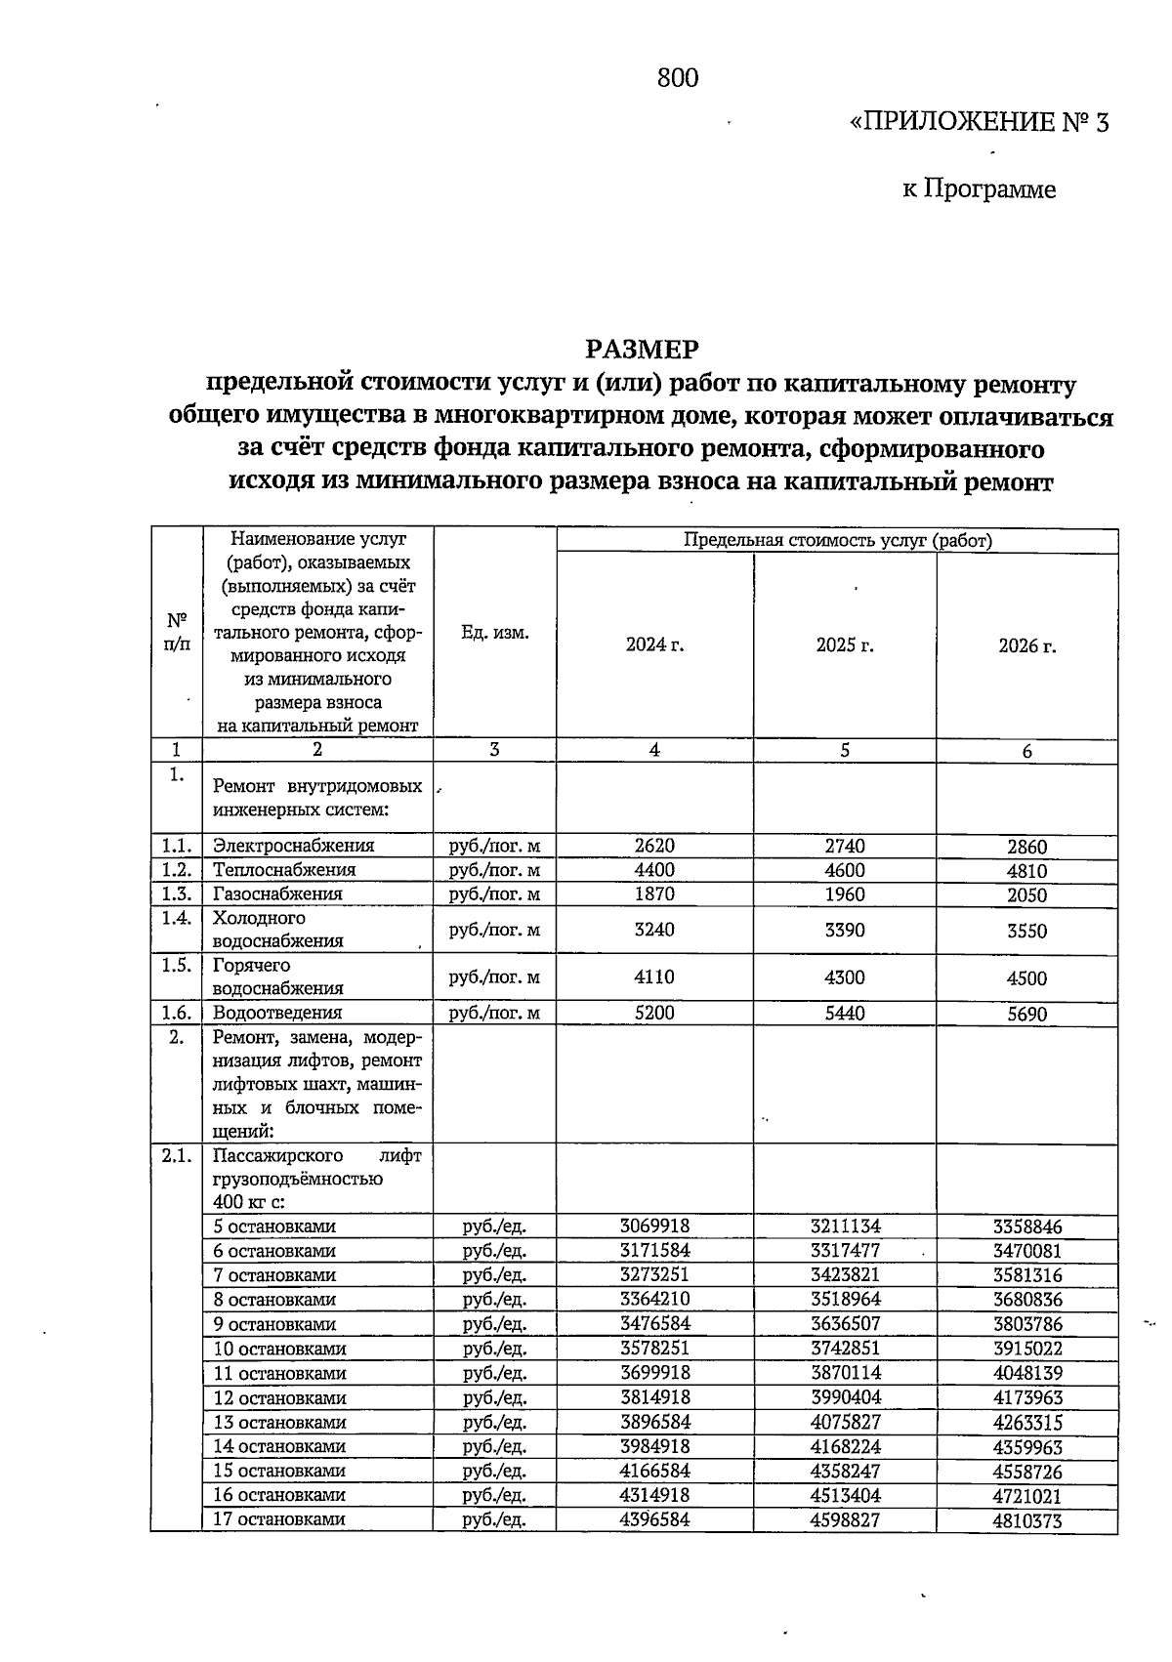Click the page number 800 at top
(678, 78)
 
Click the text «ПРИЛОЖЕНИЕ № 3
(980, 123)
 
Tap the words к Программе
(979, 188)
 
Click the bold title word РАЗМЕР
(642, 350)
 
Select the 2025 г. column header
(844, 645)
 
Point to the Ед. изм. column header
(494, 633)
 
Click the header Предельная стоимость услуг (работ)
(837, 541)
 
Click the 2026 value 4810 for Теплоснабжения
(1026, 871)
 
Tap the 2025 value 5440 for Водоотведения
(844, 1014)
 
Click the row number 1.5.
(176, 966)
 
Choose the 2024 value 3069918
(653, 1226)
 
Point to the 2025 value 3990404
(844, 1397)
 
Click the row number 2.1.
(176, 1156)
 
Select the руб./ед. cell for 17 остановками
(494, 1519)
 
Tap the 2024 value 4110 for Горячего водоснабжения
(653, 977)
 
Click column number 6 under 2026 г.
(1026, 751)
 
